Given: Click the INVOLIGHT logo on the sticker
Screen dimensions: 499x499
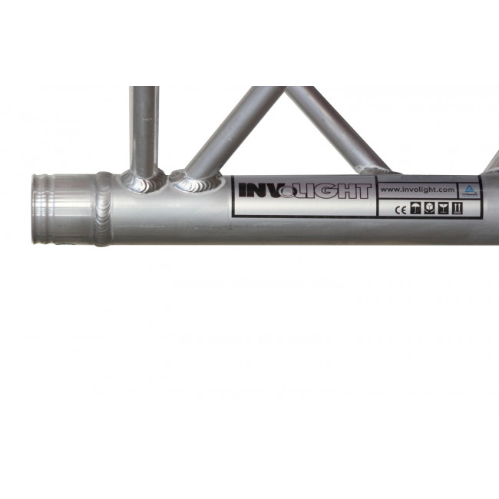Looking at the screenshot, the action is pyautogui.click(x=305, y=191).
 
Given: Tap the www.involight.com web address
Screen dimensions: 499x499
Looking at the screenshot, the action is pyautogui.click(x=418, y=190).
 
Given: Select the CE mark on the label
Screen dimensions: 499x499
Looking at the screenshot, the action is pyautogui.click(x=401, y=210).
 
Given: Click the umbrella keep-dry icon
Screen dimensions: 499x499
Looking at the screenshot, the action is pyautogui.click(x=415, y=209).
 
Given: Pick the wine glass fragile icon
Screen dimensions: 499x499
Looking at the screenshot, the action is pyautogui.click(x=443, y=209).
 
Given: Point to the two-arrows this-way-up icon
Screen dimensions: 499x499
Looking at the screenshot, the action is pyautogui.click(x=458, y=209).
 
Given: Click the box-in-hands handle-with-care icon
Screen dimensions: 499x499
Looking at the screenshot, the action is pyautogui.click(x=429, y=209).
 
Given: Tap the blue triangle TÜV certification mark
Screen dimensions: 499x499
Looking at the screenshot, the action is pyautogui.click(x=469, y=190).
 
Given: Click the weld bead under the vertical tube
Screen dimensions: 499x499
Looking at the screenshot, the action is pyautogui.click(x=142, y=182).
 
